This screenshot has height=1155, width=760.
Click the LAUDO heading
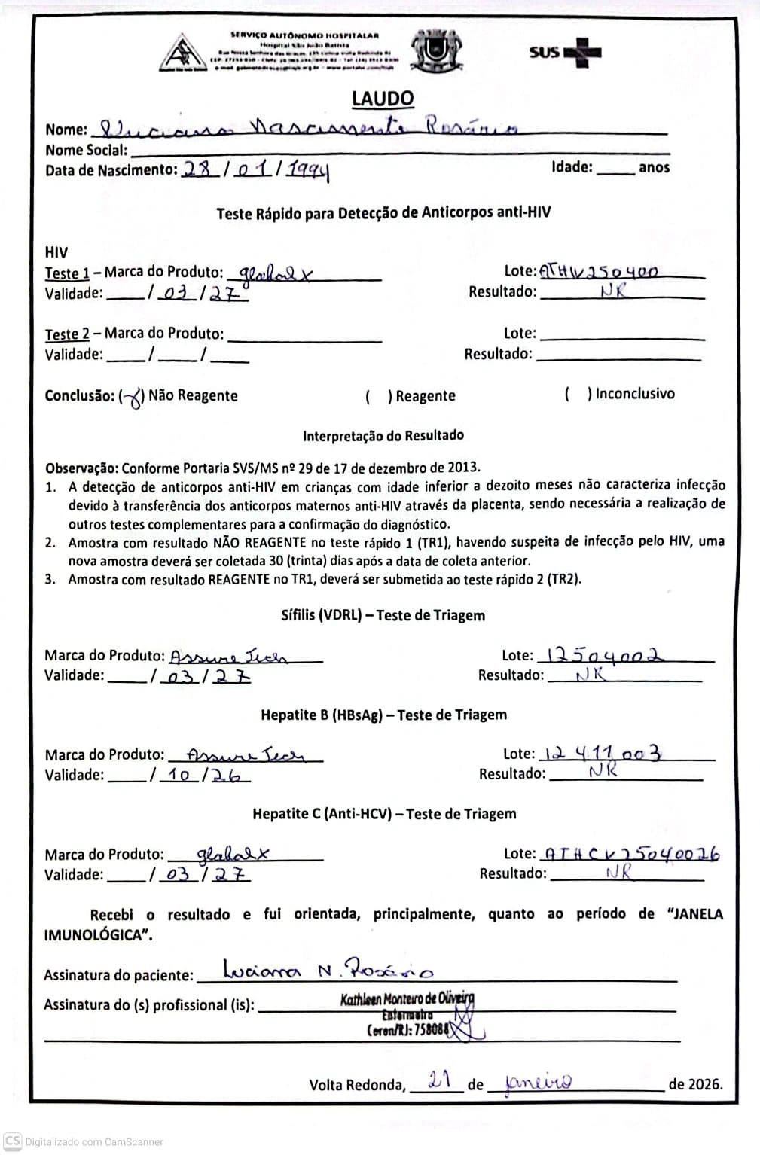[x=383, y=99]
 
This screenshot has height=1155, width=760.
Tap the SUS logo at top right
[x=564, y=52]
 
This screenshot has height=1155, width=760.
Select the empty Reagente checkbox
[x=378, y=396]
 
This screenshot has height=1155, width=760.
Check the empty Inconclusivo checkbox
[x=578, y=394]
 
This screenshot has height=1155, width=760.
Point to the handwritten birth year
[x=310, y=171]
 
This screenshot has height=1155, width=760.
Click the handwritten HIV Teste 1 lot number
[x=600, y=271]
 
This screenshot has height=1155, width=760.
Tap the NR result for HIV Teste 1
[x=613, y=291]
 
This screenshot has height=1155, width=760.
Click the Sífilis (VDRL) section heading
[x=383, y=615]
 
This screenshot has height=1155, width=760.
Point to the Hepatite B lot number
[x=603, y=753]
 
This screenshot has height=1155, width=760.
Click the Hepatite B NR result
[x=603, y=771]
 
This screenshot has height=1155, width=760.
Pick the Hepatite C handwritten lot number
[x=630, y=854]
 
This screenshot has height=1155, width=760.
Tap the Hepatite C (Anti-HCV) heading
[x=384, y=814]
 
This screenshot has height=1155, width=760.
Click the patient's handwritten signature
[x=328, y=970]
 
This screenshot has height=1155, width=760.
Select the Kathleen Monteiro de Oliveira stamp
[x=407, y=1013]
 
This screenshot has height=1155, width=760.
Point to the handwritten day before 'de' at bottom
[x=438, y=1081]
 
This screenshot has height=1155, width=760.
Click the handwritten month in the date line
[x=539, y=1083]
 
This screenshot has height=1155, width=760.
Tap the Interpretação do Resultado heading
[x=383, y=435]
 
